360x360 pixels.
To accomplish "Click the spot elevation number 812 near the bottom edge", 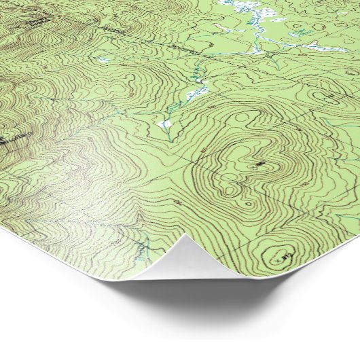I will click(285, 256).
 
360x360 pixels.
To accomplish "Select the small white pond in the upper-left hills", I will click(103, 60).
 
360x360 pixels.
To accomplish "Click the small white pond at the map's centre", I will click(164, 124).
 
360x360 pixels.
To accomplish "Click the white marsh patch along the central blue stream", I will click(198, 91).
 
